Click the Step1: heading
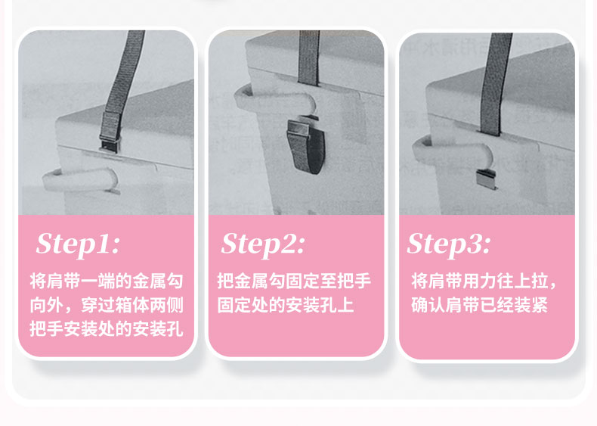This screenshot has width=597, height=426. pos(78,244)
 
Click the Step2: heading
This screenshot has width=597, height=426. pos(263,244)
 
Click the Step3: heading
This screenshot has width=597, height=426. pos(449,244)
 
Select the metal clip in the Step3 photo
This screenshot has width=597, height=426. pos(486,179)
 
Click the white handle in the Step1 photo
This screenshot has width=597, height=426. pos(81,179)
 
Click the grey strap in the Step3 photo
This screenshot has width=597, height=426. pos(496,84)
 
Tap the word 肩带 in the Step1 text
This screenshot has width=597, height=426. pos(63,281)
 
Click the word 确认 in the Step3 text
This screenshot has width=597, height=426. pos(428,305)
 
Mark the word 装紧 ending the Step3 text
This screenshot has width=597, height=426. pos(530,305)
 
